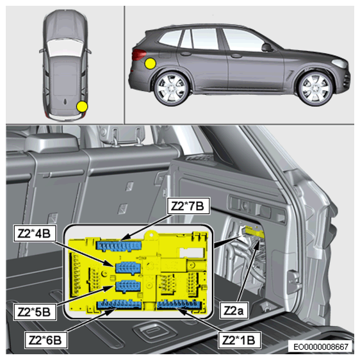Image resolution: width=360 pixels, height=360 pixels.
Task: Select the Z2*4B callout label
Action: [35, 233]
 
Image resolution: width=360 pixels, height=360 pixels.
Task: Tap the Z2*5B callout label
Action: [35, 311]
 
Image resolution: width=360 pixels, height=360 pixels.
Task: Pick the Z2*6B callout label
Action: [45, 340]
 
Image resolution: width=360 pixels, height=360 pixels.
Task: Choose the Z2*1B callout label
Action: [239, 340]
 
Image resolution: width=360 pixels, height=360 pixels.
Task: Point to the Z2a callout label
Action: [234, 311]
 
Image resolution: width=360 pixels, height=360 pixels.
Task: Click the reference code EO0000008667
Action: [321, 347]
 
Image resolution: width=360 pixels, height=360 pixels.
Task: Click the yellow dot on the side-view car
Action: [151, 63]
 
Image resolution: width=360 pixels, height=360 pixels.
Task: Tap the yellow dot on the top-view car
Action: [82, 106]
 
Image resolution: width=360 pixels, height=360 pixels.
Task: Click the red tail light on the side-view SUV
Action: [138, 54]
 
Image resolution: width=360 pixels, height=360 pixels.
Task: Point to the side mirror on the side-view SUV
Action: [267, 47]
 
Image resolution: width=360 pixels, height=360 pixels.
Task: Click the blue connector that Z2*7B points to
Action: [119, 246]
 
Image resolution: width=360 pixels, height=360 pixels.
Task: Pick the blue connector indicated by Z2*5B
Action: [128, 286]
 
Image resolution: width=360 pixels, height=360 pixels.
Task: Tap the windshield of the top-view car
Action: [65, 47]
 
